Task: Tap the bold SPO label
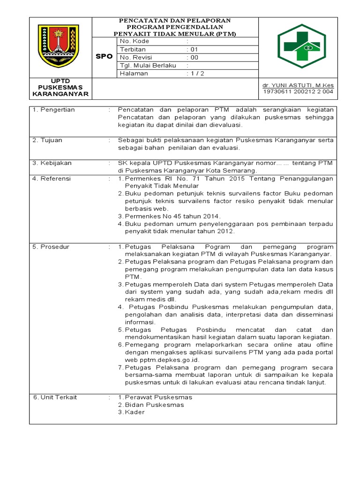coord(104,56)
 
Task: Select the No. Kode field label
coord(135,41)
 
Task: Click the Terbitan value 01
coord(192,49)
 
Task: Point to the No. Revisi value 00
coord(192,57)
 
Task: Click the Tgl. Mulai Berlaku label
coord(148,66)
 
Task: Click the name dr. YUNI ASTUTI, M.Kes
coord(298,85)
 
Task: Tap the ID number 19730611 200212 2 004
coord(299,91)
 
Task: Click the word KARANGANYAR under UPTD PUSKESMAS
coord(60,94)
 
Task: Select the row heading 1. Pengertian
coord(53,110)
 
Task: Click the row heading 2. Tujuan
coord(47,140)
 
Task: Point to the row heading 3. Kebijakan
coord(52,163)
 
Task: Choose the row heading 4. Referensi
coord(52,179)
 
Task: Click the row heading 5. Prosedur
coord(51,247)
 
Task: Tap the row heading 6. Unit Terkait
coord(55,397)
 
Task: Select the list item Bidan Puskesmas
coord(154,405)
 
